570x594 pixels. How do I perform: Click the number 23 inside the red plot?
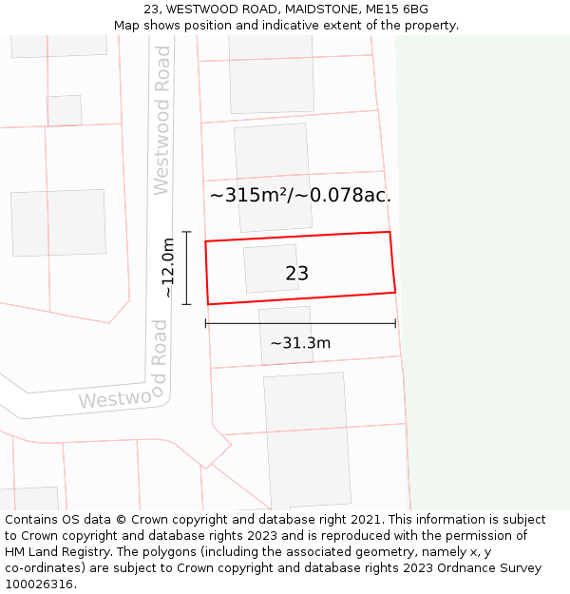tap(296, 274)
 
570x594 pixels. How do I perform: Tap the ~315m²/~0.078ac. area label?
tap(300, 196)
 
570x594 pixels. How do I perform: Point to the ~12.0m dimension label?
tap(168, 268)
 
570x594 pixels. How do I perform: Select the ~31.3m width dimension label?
tap(300, 343)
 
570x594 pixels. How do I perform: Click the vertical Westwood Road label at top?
tap(161, 133)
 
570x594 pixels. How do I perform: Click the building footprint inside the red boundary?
tap(271, 269)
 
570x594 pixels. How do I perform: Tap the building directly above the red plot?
tap(273, 177)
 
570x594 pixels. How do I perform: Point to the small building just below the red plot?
tap(285, 335)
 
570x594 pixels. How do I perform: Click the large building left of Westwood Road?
tap(58, 222)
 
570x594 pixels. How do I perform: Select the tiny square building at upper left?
tap(64, 110)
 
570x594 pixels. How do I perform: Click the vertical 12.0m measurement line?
tap(187, 268)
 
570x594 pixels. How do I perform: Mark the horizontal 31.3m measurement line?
tap(300, 324)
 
